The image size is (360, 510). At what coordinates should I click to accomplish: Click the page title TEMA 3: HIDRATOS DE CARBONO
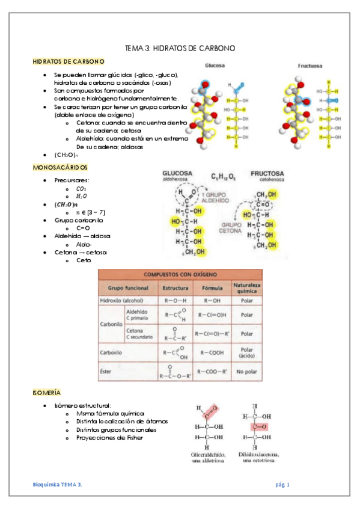click(x=179, y=48)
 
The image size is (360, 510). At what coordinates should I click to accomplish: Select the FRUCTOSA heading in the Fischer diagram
click(x=267, y=173)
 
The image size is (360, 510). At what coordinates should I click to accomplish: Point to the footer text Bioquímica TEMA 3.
click(x=58, y=484)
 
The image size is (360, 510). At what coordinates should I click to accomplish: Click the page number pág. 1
click(x=283, y=484)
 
